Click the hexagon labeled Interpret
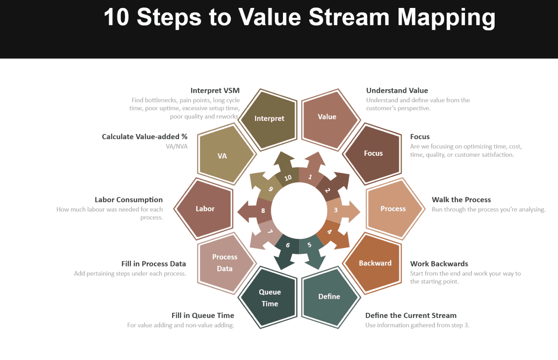tap(269, 119)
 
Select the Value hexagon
tap(327, 117)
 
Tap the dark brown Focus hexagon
tap(373, 153)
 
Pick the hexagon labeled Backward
tap(375, 263)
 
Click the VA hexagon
tap(223, 156)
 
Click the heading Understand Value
tap(397, 90)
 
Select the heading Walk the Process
tap(461, 200)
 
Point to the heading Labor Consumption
tap(128, 200)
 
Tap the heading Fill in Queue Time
tap(203, 316)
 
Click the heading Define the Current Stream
tap(411, 316)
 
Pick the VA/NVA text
tap(177, 146)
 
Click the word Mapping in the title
tap(446, 17)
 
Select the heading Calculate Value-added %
tap(144, 137)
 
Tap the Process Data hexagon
tap(224, 263)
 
